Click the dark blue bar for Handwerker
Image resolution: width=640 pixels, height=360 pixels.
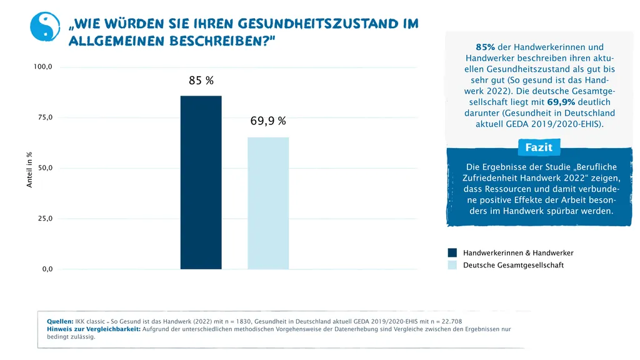(x=201, y=182)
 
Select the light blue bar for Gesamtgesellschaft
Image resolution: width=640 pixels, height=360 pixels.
(x=268, y=203)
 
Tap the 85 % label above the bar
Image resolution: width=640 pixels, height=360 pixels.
(x=201, y=81)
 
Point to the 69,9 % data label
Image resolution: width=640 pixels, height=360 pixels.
(x=268, y=121)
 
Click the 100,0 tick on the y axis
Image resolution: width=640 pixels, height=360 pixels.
(x=43, y=67)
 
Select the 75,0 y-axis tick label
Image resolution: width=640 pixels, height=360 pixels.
(x=43, y=117)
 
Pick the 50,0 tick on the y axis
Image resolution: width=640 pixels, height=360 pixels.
(x=43, y=168)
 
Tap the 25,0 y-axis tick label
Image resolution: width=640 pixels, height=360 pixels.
(x=43, y=219)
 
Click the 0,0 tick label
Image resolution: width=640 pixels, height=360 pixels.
(x=47, y=269)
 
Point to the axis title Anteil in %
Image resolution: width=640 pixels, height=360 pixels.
(x=29, y=169)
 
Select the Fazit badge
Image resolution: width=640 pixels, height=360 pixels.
(x=538, y=147)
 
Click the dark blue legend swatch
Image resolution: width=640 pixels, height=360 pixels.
(x=452, y=253)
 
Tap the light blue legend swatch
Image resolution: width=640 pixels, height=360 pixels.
(x=452, y=265)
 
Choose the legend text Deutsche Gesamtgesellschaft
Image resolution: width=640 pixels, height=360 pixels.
(x=513, y=265)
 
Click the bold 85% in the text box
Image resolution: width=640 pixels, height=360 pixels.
(x=485, y=47)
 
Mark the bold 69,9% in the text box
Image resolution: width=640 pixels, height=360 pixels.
(x=561, y=102)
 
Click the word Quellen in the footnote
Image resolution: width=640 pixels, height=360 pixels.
(x=60, y=321)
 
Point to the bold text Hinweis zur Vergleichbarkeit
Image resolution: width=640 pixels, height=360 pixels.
(x=93, y=329)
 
